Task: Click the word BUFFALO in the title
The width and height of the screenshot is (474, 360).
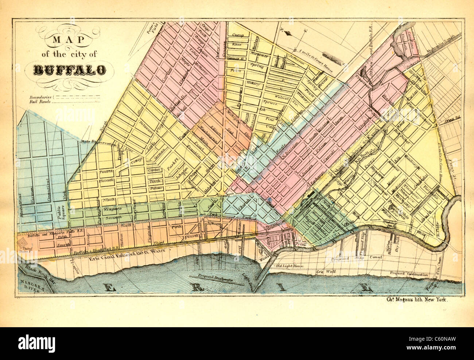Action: [70, 70]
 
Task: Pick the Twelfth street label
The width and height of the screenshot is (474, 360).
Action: [106, 171]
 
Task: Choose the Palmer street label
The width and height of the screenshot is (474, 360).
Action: [155, 188]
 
